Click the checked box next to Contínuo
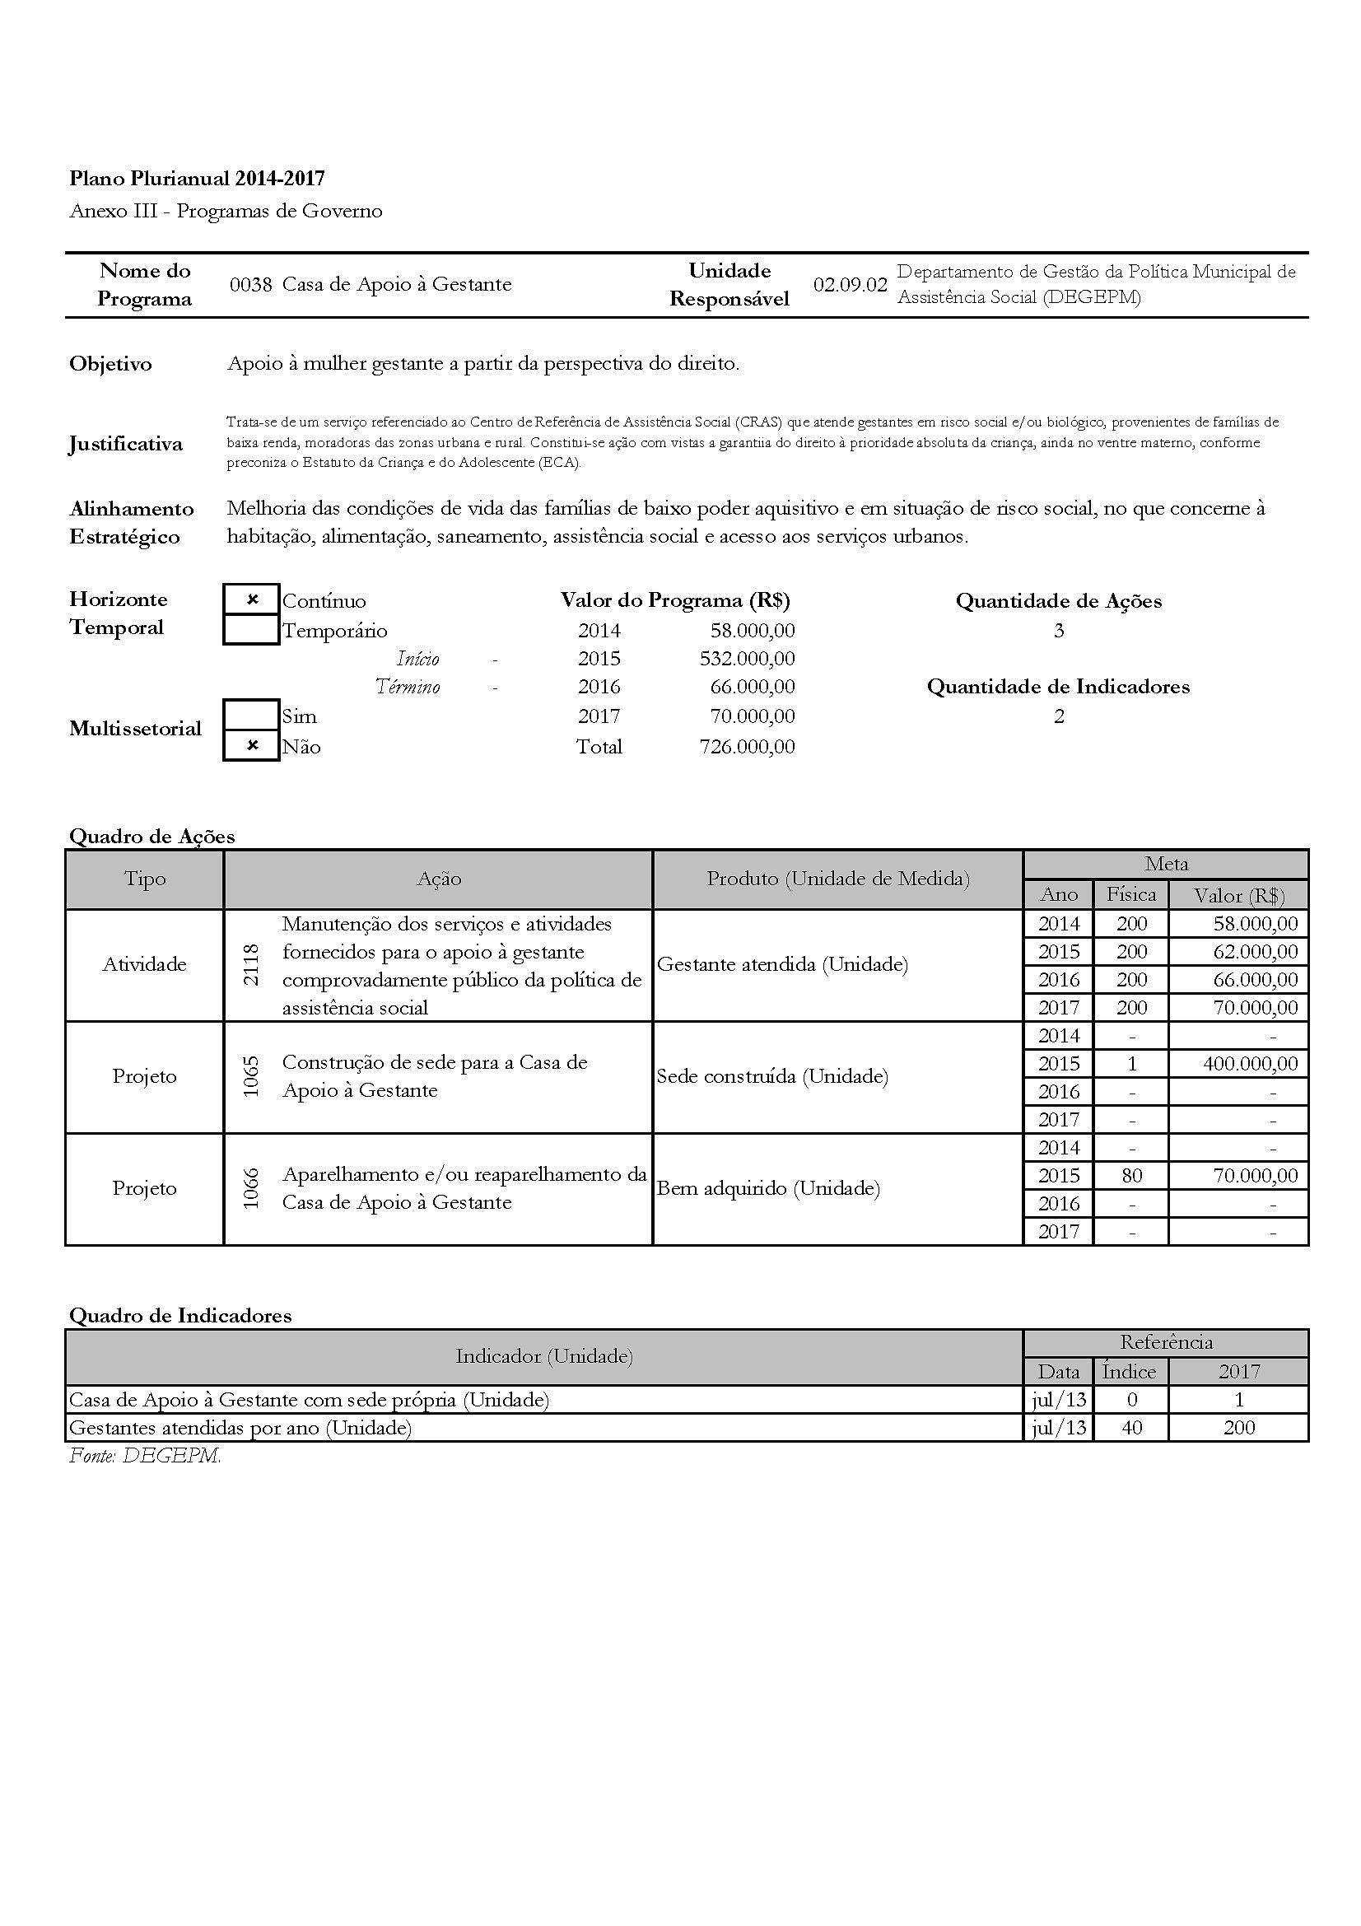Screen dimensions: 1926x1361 coord(252,599)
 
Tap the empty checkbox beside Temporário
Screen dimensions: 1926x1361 coord(252,630)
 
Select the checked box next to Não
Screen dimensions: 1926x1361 coord(252,746)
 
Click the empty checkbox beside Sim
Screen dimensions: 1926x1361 coord(252,716)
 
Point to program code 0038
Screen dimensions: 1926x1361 coord(251,284)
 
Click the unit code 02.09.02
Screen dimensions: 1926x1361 coord(850,284)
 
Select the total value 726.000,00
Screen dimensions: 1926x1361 coord(747,747)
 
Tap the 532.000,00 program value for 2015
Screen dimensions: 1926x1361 coord(747,659)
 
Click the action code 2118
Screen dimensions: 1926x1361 coord(251,965)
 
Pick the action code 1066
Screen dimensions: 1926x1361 coord(251,1189)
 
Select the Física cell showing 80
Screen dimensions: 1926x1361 coord(1131,1176)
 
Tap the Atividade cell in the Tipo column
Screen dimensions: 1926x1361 coord(144,965)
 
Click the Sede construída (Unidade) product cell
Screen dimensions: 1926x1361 coord(772,1076)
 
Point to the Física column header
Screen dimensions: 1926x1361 coord(1131,894)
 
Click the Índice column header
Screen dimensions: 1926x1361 coord(1129,1372)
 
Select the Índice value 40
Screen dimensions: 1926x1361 coord(1131,1428)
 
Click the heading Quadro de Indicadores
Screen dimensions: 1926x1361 coord(180,1315)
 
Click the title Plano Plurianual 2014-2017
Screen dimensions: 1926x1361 coord(197,178)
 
